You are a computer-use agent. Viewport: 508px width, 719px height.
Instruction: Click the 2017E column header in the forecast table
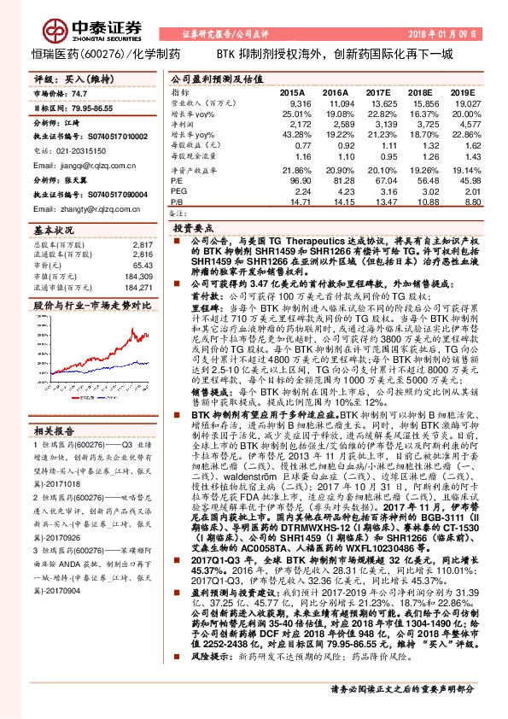tap(377, 91)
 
